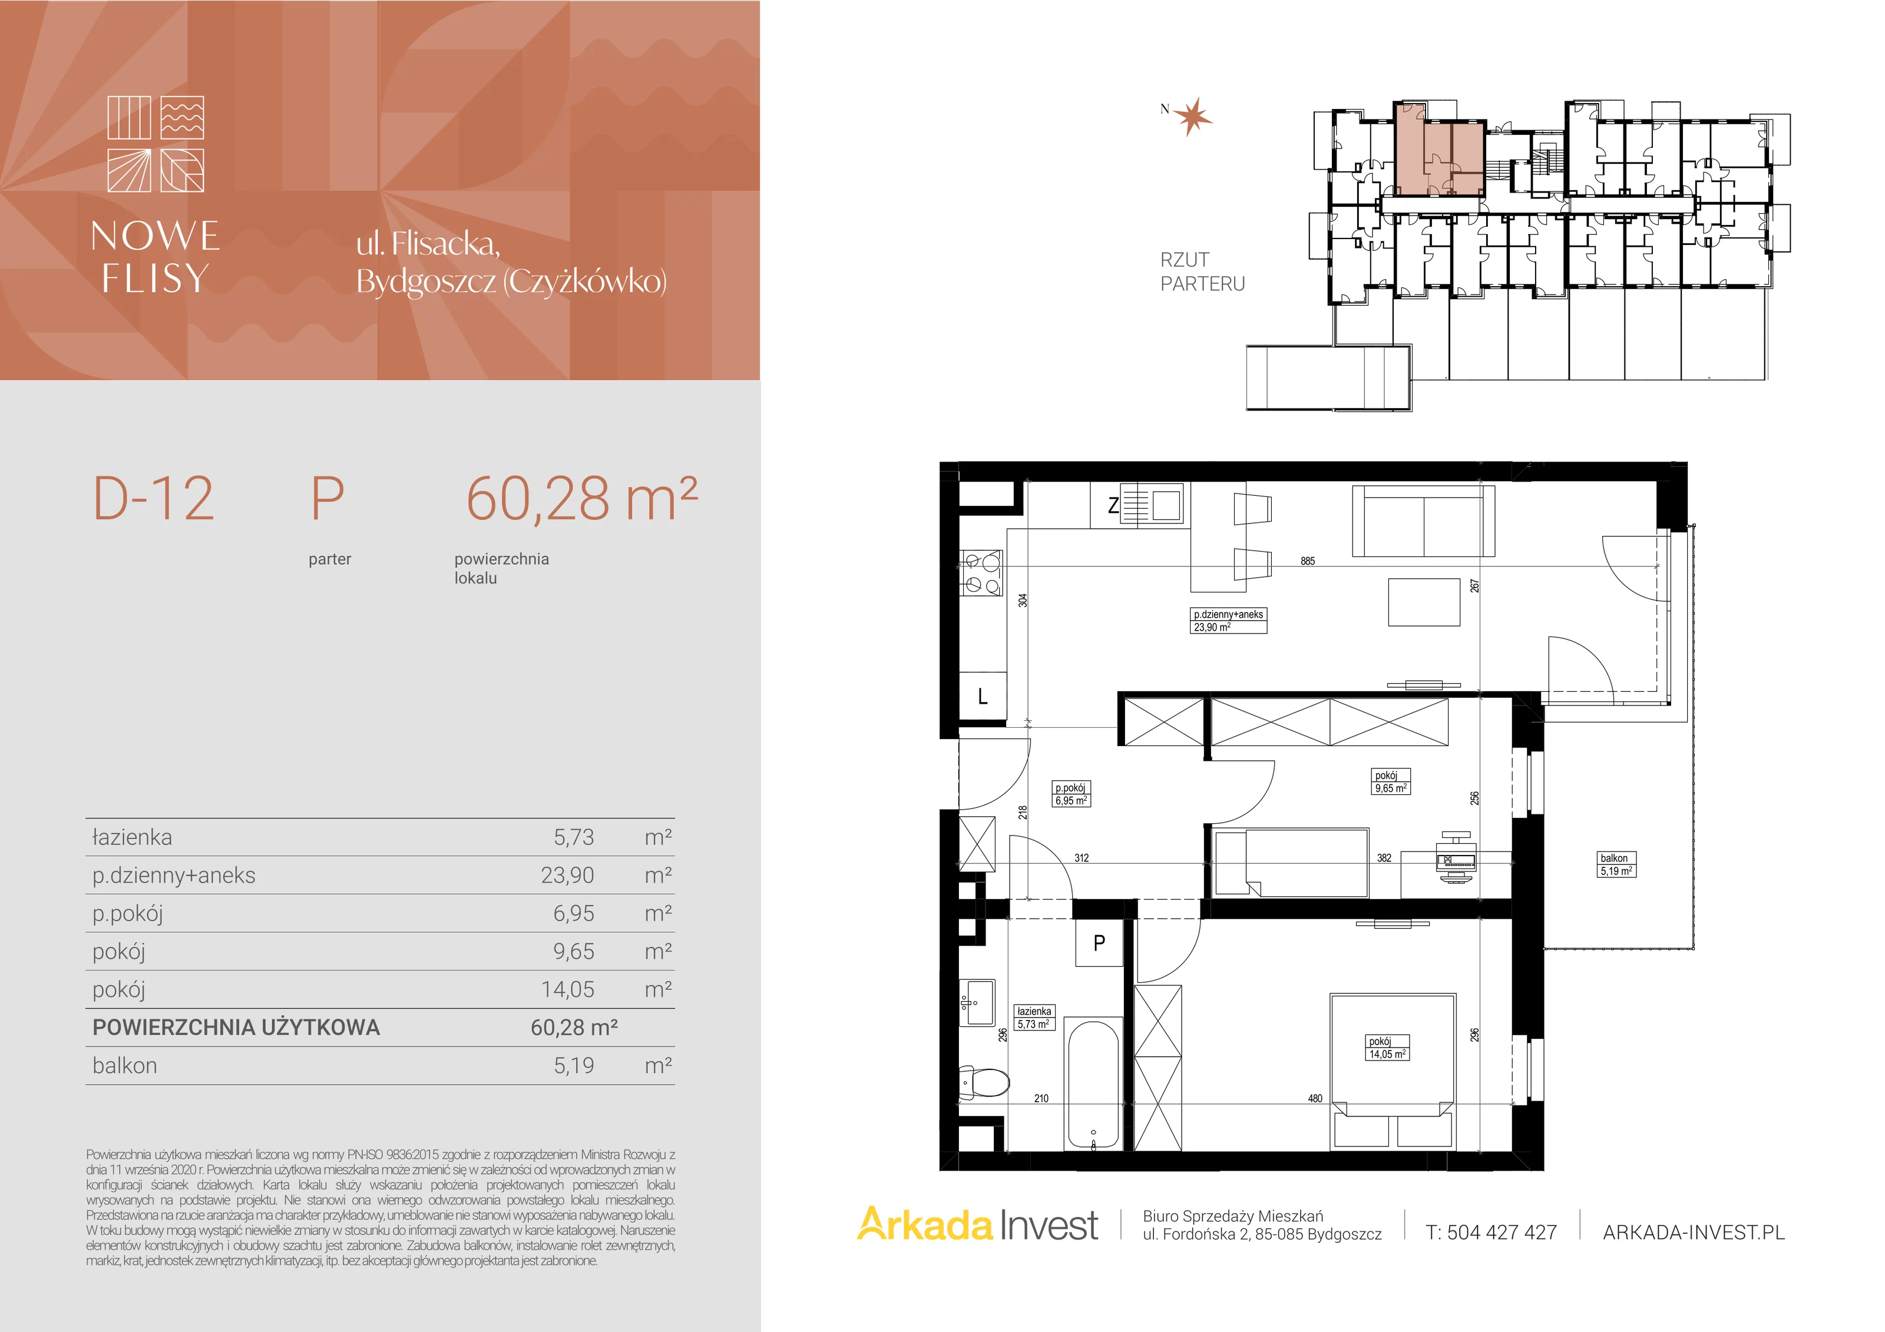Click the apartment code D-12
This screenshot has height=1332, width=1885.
point(154,498)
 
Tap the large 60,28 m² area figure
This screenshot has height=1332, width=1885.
point(581,498)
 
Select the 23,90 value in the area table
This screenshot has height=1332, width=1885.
point(567,876)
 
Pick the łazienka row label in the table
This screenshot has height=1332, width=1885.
point(132,837)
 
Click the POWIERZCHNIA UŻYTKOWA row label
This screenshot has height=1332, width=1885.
point(236,1028)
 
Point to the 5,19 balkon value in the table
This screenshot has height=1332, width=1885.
point(574,1065)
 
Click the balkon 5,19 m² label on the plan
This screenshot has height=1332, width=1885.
point(1616,865)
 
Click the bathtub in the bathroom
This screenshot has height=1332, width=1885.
point(1093,1082)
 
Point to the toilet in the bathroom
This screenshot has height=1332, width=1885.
point(984,1082)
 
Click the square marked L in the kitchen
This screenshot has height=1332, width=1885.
point(983,697)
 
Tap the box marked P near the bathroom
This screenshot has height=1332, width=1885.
point(1099,943)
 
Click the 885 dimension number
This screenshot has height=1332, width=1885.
point(1308,561)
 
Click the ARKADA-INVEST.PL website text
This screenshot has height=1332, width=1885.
point(1694,1232)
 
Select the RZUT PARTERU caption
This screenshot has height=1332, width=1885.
point(1202,271)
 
